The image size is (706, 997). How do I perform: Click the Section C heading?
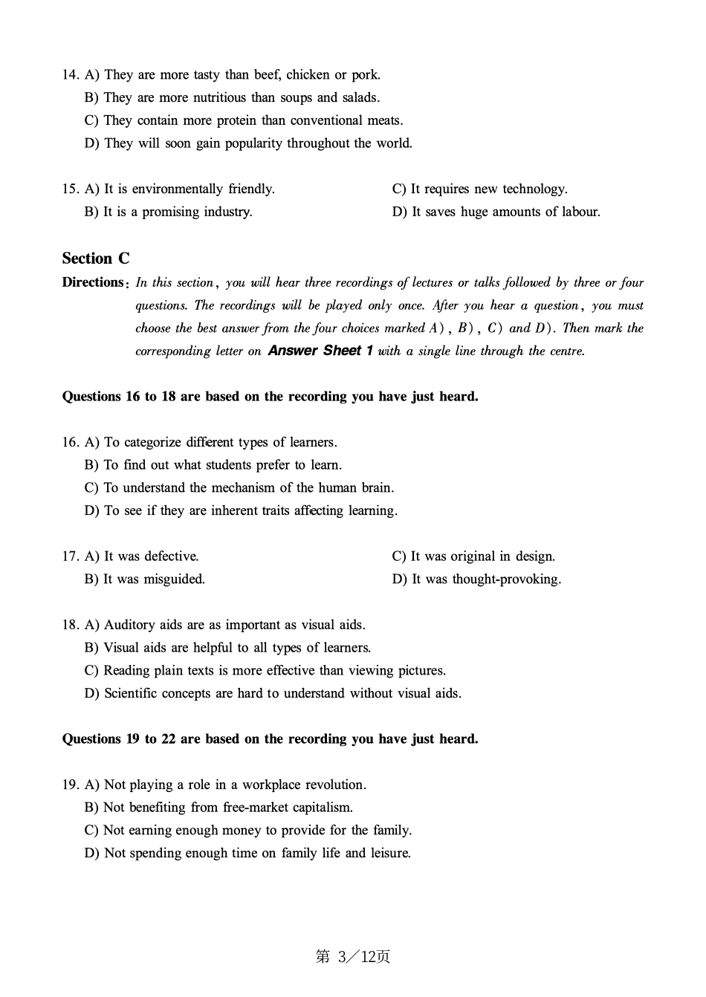tap(96, 259)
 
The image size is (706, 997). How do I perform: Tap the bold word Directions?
tap(93, 282)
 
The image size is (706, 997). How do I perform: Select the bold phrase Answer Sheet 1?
tap(320, 351)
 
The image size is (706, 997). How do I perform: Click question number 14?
tap(71, 75)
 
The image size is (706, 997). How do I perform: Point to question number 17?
tap(71, 556)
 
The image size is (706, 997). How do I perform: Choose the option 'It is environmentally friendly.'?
tap(189, 189)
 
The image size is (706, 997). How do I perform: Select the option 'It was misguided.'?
tap(154, 579)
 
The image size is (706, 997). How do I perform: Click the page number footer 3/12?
tap(353, 957)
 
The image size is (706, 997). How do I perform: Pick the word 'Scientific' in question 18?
tap(132, 694)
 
